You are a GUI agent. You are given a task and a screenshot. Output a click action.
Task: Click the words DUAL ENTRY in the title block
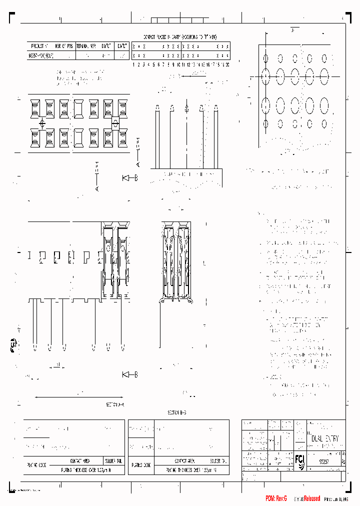tap(324, 438)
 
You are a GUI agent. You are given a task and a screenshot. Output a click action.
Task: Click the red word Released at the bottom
tap(309, 498)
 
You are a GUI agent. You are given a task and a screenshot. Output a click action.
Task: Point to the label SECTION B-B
tap(176, 413)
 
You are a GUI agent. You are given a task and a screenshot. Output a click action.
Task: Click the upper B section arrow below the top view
tap(129, 177)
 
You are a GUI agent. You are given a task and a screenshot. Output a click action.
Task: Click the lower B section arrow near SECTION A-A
tap(129, 374)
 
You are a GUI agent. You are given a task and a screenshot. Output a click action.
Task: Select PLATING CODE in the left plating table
tap(36, 464)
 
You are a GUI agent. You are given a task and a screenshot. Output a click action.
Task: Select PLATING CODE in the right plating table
tap(141, 464)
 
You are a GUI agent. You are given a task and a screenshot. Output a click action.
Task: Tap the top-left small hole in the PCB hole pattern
tap(265, 58)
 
